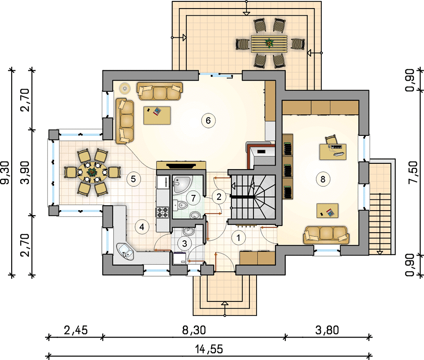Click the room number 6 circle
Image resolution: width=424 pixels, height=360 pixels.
coord(208,120)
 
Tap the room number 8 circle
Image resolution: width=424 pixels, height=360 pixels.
coord(323,179)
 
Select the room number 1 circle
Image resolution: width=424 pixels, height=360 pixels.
coord(238,238)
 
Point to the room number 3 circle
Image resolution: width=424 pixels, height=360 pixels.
coord(185,243)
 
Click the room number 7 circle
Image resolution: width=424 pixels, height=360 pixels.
coord(193,198)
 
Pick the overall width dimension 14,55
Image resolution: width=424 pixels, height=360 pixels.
coord(209,349)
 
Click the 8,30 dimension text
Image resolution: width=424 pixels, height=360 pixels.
coord(194,330)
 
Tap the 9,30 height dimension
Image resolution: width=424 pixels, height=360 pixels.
coord(5,173)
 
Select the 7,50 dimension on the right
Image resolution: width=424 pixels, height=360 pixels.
coord(413,173)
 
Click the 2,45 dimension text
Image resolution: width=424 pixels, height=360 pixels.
coord(76,330)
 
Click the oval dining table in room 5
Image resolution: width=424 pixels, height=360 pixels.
coord(92,172)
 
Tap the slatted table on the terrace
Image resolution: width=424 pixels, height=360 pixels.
coord(269,44)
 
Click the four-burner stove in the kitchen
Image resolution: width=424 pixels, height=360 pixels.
coord(162,212)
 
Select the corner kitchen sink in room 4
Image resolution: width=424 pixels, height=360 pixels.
coord(125,251)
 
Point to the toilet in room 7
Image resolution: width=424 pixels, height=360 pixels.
coord(181,205)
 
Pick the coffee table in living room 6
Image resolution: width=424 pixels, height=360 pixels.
coord(157,115)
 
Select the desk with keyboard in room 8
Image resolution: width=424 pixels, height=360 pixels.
coord(333,152)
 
